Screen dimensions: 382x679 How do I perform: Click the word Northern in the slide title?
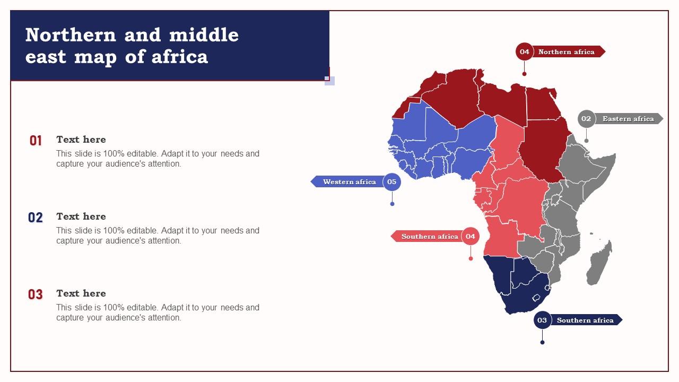click(x=71, y=35)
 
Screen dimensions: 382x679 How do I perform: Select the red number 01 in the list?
click(x=36, y=141)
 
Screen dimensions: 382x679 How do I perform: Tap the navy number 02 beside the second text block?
click(x=36, y=218)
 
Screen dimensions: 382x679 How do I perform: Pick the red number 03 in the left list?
click(x=36, y=294)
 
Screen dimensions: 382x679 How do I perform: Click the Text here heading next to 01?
click(x=81, y=140)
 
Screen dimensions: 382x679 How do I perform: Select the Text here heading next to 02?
click(x=81, y=216)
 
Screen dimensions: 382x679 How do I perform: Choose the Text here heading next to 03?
click(x=81, y=293)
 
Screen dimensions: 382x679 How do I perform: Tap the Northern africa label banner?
click(x=567, y=51)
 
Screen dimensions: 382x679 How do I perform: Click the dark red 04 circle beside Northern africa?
click(x=524, y=51)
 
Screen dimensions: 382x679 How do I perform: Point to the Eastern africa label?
click(x=628, y=119)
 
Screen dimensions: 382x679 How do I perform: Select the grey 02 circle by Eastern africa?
click(x=586, y=119)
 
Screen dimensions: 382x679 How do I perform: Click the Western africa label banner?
click(x=349, y=182)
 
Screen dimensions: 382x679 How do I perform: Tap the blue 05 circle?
click(x=392, y=182)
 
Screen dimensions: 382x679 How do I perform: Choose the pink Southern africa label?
click(x=429, y=236)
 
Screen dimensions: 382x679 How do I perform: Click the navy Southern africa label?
click(x=585, y=320)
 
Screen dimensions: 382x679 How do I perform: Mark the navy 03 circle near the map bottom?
click(x=542, y=320)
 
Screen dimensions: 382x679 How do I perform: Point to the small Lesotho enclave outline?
click(x=536, y=298)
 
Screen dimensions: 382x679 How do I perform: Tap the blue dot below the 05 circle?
click(x=393, y=204)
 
